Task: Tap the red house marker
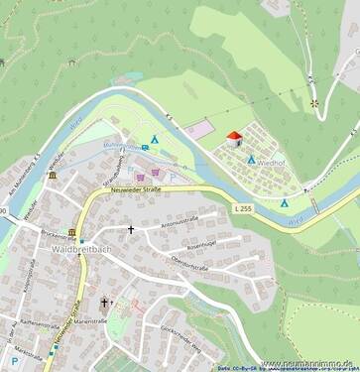coord(234,139)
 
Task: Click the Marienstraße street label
coord(90,320)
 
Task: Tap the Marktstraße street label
coord(30,349)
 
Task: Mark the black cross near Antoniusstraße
coord(130,229)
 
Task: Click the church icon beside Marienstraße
coord(102,304)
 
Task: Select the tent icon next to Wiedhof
coord(251,159)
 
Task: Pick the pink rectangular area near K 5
coord(198,129)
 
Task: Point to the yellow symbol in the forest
coord(314,102)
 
